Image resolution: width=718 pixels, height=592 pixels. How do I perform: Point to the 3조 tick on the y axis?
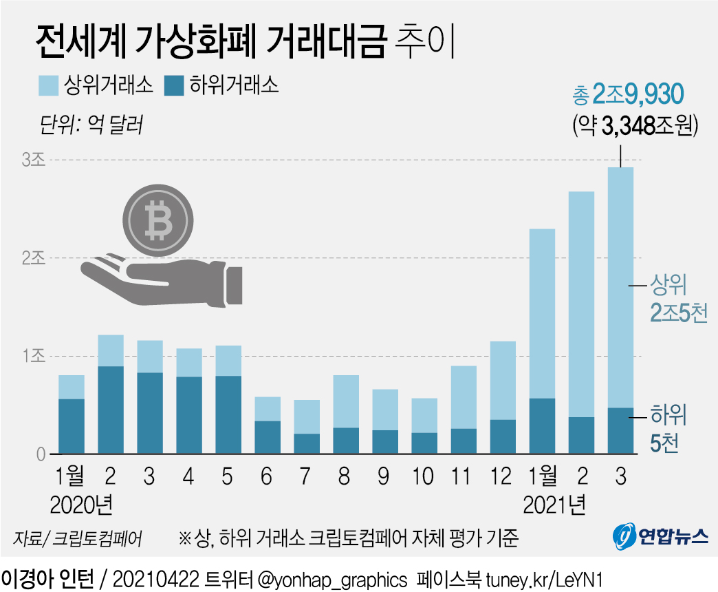point(33,160)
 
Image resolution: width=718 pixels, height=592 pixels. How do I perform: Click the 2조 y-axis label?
point(33,258)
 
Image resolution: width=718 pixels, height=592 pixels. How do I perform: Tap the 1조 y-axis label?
point(33,357)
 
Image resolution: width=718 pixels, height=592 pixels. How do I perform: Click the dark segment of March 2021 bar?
point(621,431)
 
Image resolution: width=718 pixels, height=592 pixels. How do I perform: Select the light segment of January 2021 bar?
point(543,313)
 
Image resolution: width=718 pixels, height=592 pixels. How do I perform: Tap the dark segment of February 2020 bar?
point(110,410)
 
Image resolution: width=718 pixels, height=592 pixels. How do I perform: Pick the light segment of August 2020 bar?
point(345,401)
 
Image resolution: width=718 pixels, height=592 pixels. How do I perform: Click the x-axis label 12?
point(503,477)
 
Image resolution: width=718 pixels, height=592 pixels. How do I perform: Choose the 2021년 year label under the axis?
point(555,507)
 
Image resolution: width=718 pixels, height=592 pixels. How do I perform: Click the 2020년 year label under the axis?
point(81,507)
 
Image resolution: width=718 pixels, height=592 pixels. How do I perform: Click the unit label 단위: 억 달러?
point(91,126)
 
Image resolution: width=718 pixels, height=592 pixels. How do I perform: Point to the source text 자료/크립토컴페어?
point(77,538)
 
